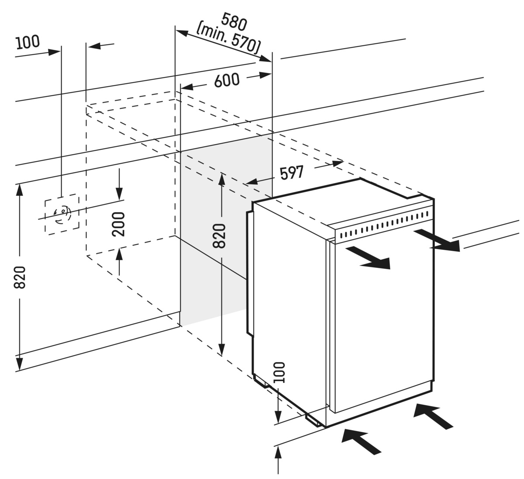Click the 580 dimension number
(234, 21)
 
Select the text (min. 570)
(228, 37)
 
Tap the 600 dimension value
(227, 80)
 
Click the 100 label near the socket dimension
(28, 43)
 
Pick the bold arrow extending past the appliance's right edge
(437, 240)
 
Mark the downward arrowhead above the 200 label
(119, 192)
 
